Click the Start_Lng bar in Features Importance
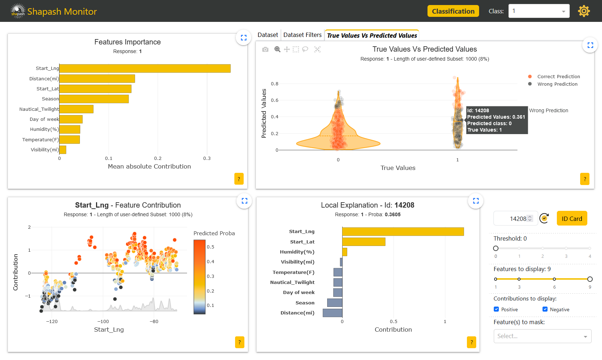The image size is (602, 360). [145, 68]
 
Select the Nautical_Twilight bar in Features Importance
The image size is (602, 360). [76, 109]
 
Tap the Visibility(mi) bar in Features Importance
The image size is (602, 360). [63, 150]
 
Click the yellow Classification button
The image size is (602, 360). [453, 11]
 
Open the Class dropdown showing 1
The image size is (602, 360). [539, 11]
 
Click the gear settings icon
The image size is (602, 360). [584, 11]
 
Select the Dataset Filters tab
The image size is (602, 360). [302, 35]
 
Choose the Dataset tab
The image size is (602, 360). [268, 35]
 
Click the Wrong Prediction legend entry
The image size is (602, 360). [557, 84]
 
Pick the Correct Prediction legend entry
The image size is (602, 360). [558, 77]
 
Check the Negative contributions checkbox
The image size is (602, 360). [545, 309]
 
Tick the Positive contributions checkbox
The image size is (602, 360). [496, 309]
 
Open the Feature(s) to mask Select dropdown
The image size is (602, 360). [542, 336]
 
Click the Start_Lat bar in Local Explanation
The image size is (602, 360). [364, 242]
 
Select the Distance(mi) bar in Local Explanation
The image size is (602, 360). [333, 313]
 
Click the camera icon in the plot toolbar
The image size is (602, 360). [265, 49]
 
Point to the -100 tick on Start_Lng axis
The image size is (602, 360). [103, 322]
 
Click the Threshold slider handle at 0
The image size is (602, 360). [496, 248]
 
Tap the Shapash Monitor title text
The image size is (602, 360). [62, 11]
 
